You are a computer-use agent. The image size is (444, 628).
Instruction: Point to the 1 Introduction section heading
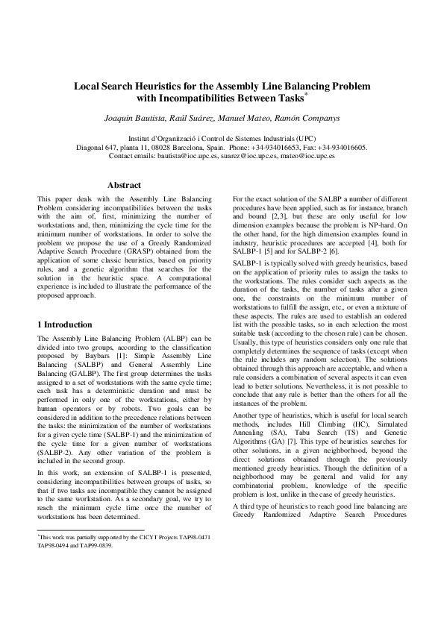(x=65, y=325)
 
